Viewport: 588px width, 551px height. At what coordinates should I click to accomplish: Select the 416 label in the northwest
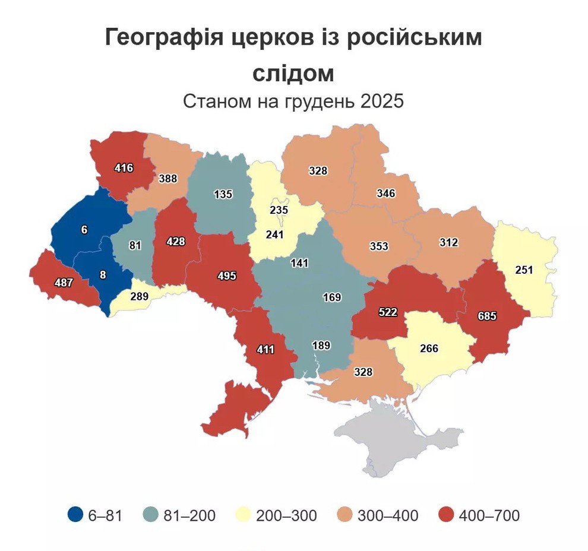point(124,168)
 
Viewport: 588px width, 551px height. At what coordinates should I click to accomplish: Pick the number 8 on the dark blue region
point(102,274)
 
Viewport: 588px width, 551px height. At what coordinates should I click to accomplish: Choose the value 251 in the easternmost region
point(525,270)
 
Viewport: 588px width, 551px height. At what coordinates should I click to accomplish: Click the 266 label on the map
point(429,349)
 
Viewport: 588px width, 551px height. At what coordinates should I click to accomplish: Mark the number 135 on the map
point(223,194)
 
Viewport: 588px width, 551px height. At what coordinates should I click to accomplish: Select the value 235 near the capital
point(279,210)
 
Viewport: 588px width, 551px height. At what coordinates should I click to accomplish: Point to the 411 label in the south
point(265,350)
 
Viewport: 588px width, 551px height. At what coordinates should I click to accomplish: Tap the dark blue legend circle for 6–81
point(75,515)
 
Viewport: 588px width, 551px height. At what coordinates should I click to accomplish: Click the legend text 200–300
point(286,515)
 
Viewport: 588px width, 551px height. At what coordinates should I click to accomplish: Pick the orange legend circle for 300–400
point(345,515)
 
